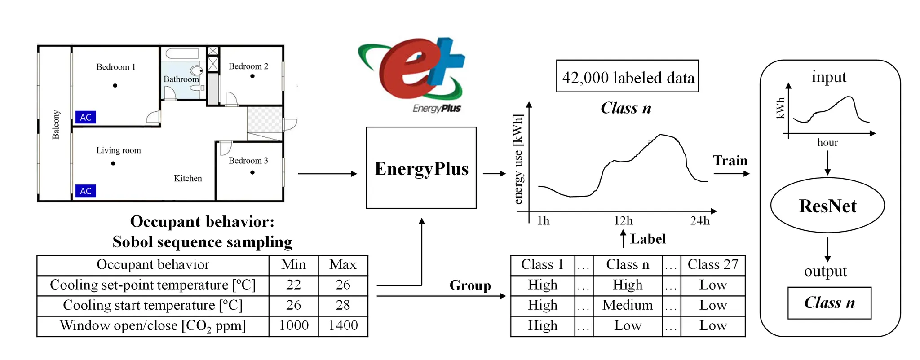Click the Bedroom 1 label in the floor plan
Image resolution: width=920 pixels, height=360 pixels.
tap(115, 67)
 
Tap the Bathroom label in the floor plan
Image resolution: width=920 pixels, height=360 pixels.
tap(181, 79)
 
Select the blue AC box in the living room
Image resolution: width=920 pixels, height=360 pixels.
tap(85, 191)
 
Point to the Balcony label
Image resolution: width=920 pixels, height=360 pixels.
tap(56, 124)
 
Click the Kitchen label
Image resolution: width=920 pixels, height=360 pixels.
tap(188, 178)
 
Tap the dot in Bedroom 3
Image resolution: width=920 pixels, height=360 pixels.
tap(252, 172)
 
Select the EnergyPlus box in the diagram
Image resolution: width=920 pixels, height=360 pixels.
tap(421, 168)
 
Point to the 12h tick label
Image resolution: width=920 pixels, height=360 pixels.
tap(623, 221)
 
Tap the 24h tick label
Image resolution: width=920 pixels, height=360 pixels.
tap(699, 221)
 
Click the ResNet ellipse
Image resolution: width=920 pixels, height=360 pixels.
tap(827, 206)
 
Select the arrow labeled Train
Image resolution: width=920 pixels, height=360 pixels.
tap(731, 173)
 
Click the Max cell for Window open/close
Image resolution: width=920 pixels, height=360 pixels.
tap(343, 325)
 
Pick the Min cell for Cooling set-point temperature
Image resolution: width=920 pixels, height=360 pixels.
tap(293, 285)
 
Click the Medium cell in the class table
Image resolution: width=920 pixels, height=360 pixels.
tap(628, 305)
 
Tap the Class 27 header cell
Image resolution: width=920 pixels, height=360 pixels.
tap(712, 265)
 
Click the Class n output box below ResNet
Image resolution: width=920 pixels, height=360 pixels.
tap(829, 303)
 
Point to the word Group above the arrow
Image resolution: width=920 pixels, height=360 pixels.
tap(470, 285)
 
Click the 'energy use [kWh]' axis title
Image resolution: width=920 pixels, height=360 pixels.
tap(518, 159)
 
